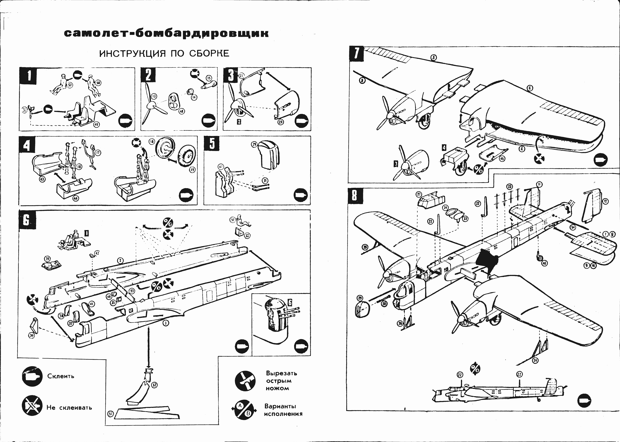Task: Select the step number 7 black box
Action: [356, 54]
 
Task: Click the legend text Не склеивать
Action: [69, 408]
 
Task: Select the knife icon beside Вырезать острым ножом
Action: [245, 380]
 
